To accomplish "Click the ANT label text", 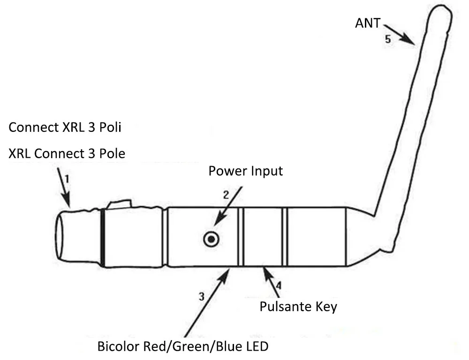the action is click(x=368, y=23).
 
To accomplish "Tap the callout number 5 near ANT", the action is click(x=388, y=39).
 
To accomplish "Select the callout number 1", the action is click(x=67, y=179).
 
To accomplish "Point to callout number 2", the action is click(x=226, y=195).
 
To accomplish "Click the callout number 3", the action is click(x=202, y=297).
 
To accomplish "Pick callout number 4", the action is click(x=279, y=285).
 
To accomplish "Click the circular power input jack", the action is click(x=211, y=239).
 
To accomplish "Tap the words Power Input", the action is click(x=246, y=171).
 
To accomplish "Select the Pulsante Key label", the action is click(x=298, y=307).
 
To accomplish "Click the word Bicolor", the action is click(x=119, y=346).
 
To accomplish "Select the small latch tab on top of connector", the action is click(x=120, y=204).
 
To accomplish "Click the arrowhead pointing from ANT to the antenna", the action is click(x=408, y=40).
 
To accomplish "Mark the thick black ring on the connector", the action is click(x=103, y=237).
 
